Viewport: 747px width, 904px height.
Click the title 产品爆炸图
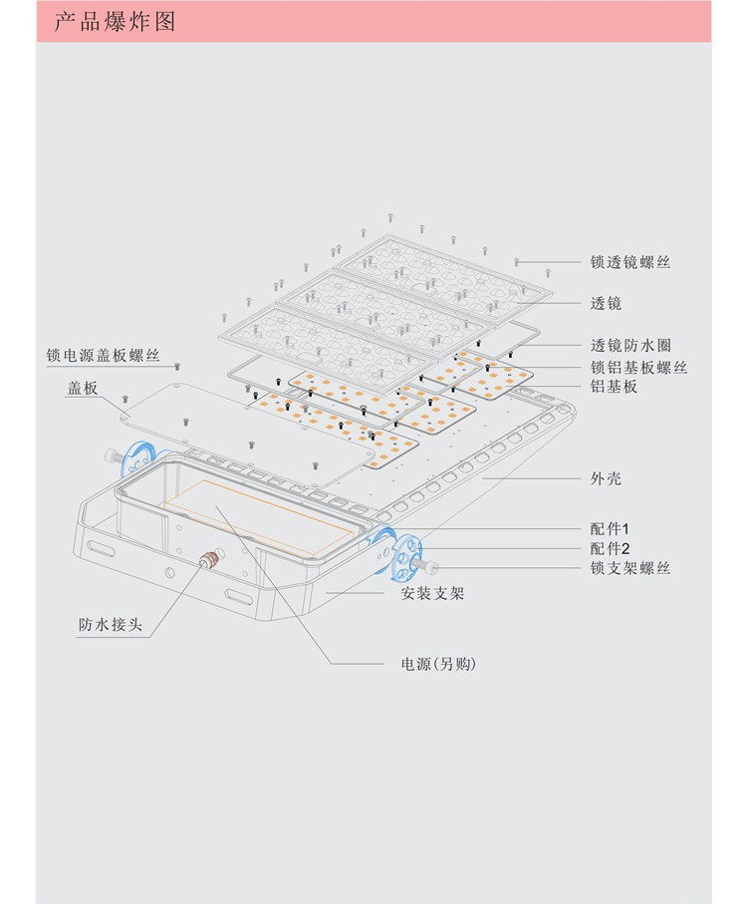pyautogui.click(x=114, y=22)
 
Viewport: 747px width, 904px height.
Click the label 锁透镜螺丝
pyautogui.click(x=629, y=263)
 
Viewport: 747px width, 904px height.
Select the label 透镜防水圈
pyautogui.click(x=629, y=346)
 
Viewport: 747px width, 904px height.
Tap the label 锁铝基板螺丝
pyautogui.click(x=637, y=368)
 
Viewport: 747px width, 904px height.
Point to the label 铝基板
pyautogui.click(x=614, y=387)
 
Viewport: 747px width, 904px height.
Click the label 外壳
pyautogui.click(x=606, y=478)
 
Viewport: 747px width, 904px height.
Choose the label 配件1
pyautogui.click(x=610, y=528)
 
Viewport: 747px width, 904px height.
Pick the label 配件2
pyautogui.click(x=610, y=548)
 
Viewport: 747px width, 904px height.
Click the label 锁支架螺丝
pyautogui.click(x=629, y=568)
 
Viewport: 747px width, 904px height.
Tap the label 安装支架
pyautogui.click(x=432, y=594)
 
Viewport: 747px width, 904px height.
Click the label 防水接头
pyautogui.click(x=111, y=626)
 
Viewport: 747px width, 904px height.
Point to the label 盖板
pyautogui.click(x=82, y=389)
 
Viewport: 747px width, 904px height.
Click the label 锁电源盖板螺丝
pyautogui.click(x=103, y=356)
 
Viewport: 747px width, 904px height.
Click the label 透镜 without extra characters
pyautogui.click(x=606, y=303)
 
